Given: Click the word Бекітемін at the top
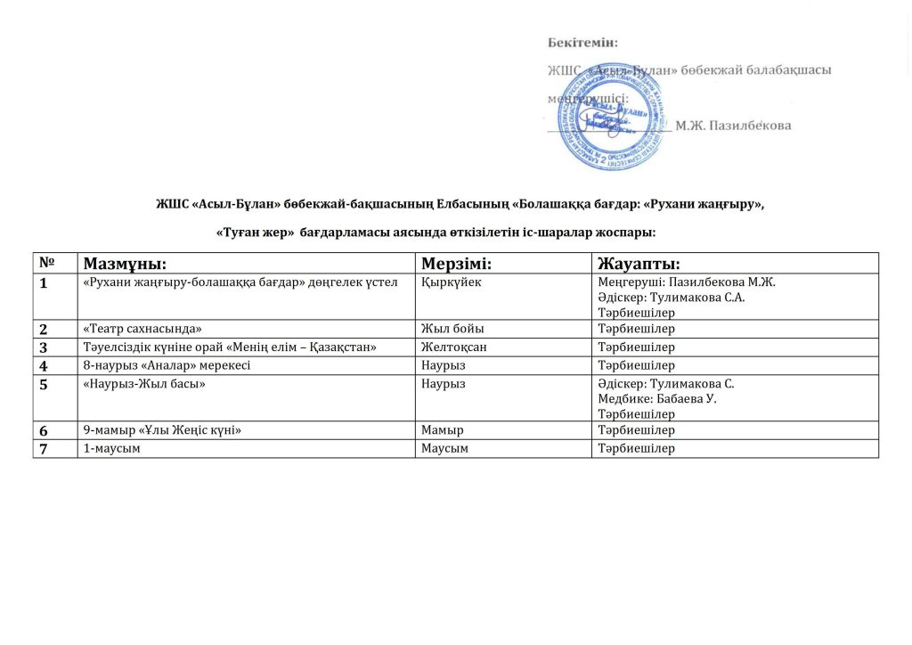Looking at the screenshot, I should pos(582,41).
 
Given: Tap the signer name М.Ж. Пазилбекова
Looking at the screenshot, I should pos(732,126).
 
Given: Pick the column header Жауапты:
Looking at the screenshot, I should pos(639,264).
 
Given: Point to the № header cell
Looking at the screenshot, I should pos(46,263).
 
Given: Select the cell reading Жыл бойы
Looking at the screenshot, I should pos(446,329).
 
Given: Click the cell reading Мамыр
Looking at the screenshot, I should pos(440,431).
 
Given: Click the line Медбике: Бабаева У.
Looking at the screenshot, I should pos(657,398).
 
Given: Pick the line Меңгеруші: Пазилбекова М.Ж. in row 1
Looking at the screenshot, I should pos(687,282).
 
